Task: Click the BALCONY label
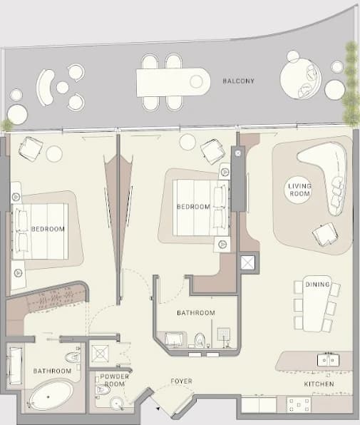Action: [238, 81]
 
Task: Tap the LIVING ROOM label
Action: [299, 190]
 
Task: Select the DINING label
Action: [317, 285]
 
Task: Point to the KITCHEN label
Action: [319, 384]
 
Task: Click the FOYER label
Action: [182, 381]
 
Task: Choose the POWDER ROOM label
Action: [114, 380]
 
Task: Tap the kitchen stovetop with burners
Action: [299, 404]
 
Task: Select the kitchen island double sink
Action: [328, 359]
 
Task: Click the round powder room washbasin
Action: [117, 403]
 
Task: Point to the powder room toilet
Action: [103, 390]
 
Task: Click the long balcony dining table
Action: [173, 82]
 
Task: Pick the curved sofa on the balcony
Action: [45, 87]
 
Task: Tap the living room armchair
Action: [325, 235]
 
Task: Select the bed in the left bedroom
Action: [40, 231]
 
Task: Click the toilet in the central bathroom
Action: [200, 340]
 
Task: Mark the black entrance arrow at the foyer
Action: [158, 408]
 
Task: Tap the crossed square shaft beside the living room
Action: [247, 262]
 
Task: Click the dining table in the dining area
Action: [315, 304]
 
